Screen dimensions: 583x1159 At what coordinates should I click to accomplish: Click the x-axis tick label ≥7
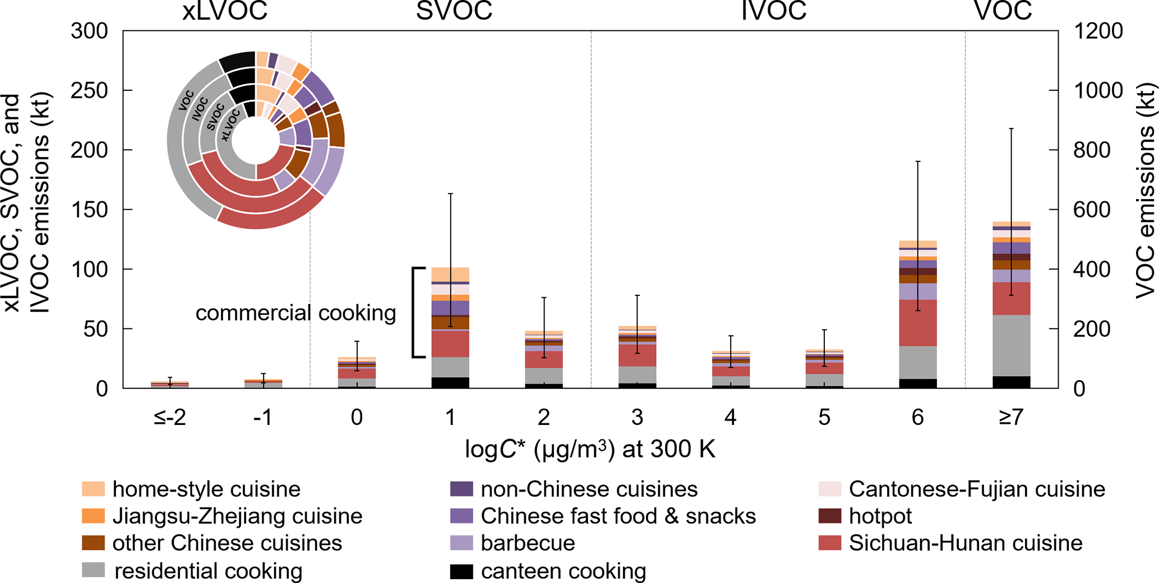[x=1011, y=418]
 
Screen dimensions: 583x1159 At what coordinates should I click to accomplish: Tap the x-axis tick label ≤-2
[x=169, y=418]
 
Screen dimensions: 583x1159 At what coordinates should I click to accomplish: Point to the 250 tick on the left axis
[x=89, y=90]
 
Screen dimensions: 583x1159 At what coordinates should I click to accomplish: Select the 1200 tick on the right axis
[x=1098, y=31]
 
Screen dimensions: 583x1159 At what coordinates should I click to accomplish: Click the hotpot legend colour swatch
[x=830, y=516]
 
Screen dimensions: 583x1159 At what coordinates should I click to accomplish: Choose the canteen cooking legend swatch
[x=461, y=571]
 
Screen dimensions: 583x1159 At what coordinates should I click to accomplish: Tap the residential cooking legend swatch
[x=93, y=571]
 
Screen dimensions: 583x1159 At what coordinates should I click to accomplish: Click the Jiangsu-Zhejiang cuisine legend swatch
[x=93, y=516]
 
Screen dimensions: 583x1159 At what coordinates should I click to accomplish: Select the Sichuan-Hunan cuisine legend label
[x=966, y=543]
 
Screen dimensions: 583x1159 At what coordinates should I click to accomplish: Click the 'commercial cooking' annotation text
[x=295, y=313]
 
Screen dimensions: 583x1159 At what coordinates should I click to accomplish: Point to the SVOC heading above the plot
[x=454, y=11]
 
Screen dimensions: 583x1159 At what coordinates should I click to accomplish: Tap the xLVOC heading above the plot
[x=225, y=11]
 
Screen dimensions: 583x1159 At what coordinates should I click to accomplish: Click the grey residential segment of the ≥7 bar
[x=1011, y=345]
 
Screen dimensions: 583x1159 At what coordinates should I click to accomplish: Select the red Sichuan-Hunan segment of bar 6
[x=917, y=323]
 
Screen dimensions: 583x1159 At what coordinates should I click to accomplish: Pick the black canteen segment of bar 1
[x=450, y=382]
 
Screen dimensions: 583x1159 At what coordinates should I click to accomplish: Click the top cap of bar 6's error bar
[x=917, y=161]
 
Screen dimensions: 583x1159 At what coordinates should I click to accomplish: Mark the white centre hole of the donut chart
[x=256, y=141]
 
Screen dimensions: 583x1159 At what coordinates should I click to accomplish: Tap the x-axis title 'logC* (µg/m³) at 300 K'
[x=590, y=450]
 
